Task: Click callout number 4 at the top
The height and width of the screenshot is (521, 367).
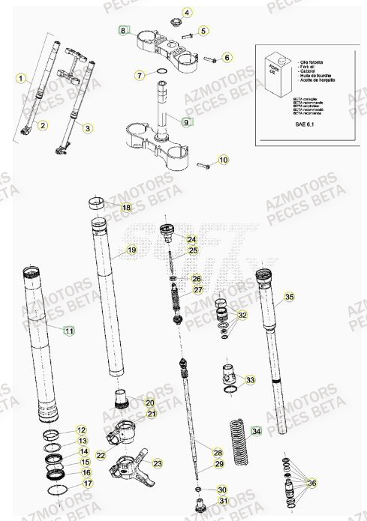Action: [187, 12]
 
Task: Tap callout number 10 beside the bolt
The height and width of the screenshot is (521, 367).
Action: [223, 160]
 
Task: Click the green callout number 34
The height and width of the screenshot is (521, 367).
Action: [257, 431]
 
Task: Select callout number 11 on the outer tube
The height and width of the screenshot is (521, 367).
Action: [69, 330]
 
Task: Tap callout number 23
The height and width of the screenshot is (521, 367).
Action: [157, 463]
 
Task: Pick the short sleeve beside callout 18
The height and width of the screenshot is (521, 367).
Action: [98, 202]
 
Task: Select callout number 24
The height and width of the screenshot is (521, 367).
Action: [191, 238]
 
